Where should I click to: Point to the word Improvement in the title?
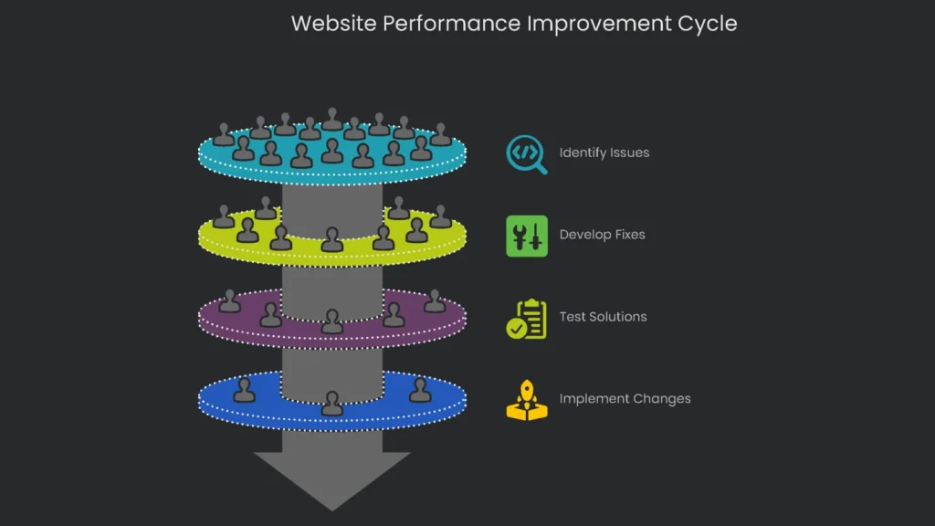[x=597, y=24]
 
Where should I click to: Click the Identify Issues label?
[x=604, y=153]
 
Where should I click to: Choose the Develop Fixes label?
[x=602, y=235]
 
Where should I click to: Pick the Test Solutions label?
[x=603, y=317]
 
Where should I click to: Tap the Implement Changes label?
[x=625, y=399]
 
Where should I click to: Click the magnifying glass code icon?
[x=526, y=154]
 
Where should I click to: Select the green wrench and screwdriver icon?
[x=527, y=236]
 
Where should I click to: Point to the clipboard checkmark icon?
[x=527, y=319]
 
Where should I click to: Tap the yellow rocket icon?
[x=527, y=401]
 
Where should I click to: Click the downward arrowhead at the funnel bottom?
[x=332, y=479]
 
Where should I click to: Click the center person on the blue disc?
[x=332, y=403]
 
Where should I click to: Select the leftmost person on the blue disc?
[x=244, y=390]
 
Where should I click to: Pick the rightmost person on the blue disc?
[x=420, y=390]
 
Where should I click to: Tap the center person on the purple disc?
[x=332, y=321]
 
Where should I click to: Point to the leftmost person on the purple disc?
[x=229, y=301]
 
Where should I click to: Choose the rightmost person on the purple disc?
[x=435, y=301]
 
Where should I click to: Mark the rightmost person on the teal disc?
[x=440, y=135]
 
